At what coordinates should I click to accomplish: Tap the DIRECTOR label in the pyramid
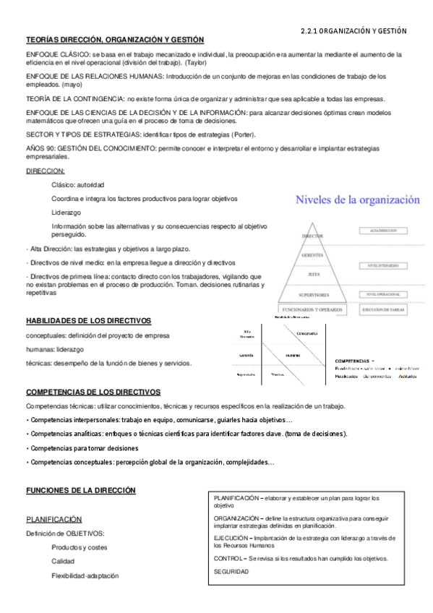point(312,236)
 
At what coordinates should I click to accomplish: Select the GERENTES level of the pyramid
point(312,256)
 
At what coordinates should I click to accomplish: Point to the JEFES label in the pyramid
point(312,275)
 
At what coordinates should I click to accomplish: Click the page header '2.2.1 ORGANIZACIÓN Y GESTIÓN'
point(353,31)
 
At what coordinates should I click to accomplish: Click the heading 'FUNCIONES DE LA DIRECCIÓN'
point(81,490)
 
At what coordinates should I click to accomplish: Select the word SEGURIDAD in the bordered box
point(231,572)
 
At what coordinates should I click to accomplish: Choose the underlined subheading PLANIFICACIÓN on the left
point(53,519)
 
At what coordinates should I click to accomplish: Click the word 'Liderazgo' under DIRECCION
point(67,213)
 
